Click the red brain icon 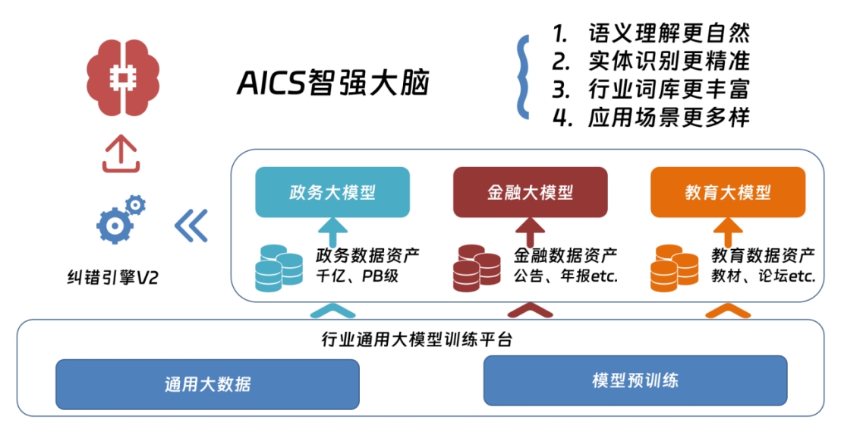tap(122, 76)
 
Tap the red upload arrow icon tap(121, 155)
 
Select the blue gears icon tap(121, 218)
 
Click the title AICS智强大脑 tap(333, 84)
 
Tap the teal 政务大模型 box tap(332, 192)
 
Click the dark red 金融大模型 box tap(530, 192)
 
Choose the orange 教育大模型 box tap(728, 192)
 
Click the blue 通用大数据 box tap(206, 384)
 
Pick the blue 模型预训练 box tap(635, 380)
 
